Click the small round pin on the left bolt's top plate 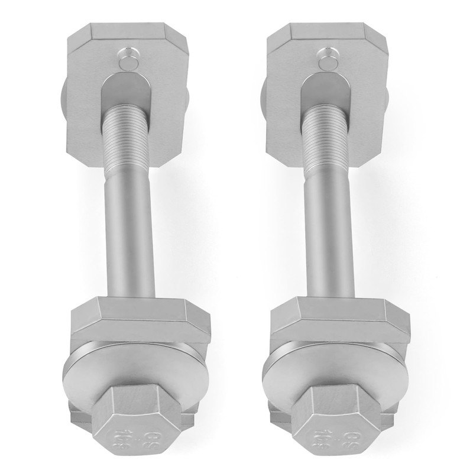126,59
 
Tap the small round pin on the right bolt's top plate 327,59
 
